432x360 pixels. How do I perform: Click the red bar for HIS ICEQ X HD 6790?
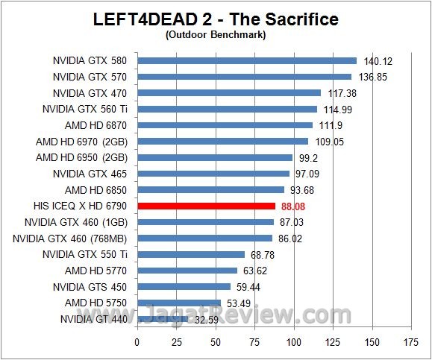pos(207,206)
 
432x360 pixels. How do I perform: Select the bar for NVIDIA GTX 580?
pos(247,60)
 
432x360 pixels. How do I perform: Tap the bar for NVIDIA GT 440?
pos(162,319)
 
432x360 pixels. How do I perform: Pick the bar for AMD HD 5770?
pos(187,271)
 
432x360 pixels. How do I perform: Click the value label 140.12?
pos(377,61)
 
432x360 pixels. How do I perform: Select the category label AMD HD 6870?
pos(96,125)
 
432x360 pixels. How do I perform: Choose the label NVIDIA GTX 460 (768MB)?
pos(70,239)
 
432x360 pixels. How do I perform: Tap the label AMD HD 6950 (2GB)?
pos(81,157)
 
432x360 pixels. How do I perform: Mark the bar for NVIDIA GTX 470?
pos(229,92)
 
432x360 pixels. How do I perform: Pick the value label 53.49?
pos(240,303)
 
